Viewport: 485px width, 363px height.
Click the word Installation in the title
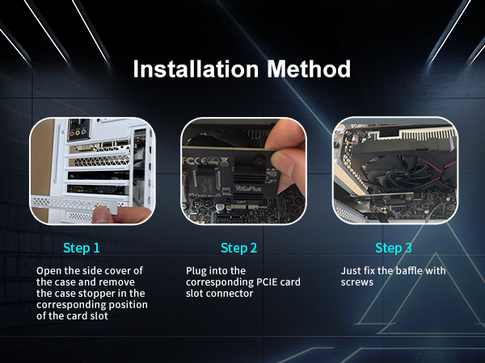(x=196, y=69)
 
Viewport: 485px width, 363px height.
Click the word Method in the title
(x=309, y=69)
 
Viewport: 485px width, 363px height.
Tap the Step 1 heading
(x=82, y=248)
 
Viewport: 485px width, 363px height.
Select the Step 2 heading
(x=238, y=248)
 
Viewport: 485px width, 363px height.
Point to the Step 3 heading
(x=394, y=248)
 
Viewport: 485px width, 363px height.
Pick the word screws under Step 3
(x=357, y=282)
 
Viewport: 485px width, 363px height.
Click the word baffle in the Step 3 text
(x=404, y=271)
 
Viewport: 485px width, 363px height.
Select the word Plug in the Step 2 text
(x=195, y=271)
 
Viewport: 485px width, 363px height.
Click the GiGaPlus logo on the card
(x=248, y=188)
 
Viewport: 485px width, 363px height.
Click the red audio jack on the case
(x=72, y=133)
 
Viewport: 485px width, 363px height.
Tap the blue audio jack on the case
(x=83, y=132)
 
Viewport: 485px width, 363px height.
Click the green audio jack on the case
(x=78, y=133)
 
